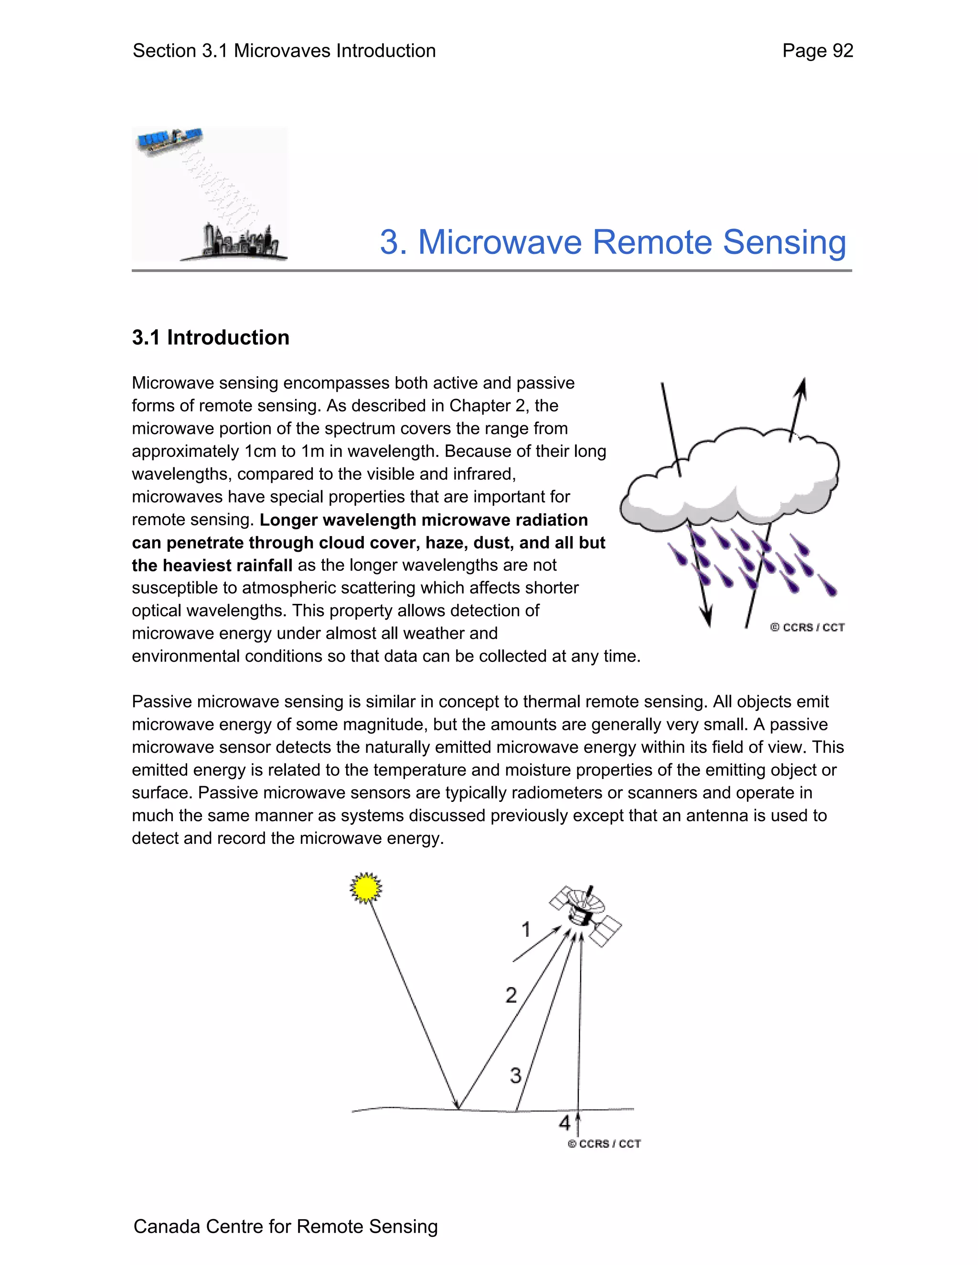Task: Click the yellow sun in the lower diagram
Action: click(x=366, y=887)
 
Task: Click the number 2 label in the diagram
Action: click(x=510, y=995)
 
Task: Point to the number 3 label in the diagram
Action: click(x=515, y=1075)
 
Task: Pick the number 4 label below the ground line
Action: click(x=564, y=1123)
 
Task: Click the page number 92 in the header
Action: click(x=842, y=51)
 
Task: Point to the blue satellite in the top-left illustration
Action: click(x=169, y=141)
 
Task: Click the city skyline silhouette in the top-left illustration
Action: click(x=241, y=242)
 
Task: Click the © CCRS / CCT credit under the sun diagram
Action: click(x=604, y=1143)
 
